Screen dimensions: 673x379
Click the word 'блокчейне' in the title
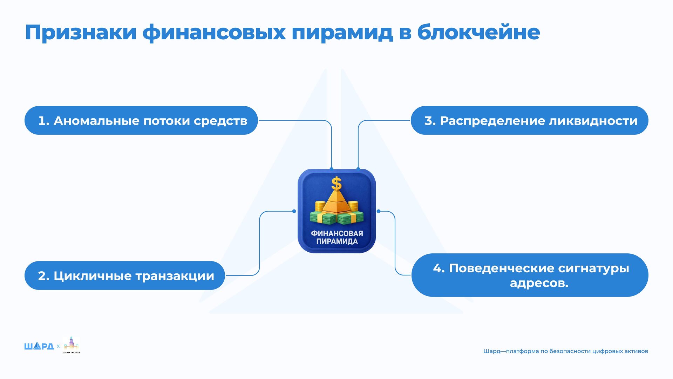(478, 32)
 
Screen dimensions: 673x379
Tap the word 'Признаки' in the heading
(81, 33)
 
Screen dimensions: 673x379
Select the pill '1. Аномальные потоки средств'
(141, 120)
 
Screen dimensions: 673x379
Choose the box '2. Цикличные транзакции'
(124, 275)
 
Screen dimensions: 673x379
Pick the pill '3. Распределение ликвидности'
(529, 120)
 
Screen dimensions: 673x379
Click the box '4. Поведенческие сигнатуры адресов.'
(530, 275)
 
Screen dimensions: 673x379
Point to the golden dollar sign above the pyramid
(336, 183)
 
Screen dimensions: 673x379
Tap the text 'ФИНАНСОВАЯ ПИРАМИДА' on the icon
(337, 237)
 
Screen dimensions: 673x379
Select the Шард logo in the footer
(39, 346)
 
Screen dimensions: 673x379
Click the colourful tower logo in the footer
(71, 345)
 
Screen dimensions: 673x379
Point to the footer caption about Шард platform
(565, 351)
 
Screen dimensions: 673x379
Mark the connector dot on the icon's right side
(379, 211)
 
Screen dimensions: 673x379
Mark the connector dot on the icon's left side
(294, 211)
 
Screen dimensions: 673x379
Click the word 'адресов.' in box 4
(539, 283)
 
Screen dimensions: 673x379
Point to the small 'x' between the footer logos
(58, 346)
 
